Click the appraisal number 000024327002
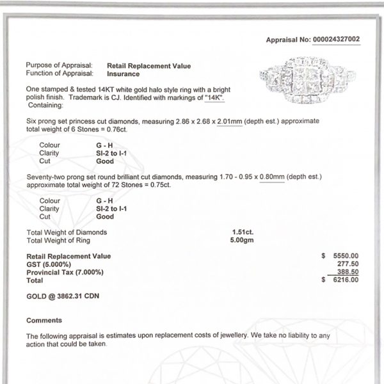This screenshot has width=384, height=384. point(336,40)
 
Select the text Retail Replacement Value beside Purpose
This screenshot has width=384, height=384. point(148,66)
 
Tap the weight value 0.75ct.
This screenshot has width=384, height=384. point(160,185)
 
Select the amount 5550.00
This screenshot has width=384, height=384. point(346,256)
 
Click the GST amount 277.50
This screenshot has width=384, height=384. point(348,264)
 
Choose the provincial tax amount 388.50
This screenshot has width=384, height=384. point(348,272)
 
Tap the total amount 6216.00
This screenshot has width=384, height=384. point(346,280)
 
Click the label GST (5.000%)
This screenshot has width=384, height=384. point(48,264)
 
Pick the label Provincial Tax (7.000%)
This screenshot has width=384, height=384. point(64,272)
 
